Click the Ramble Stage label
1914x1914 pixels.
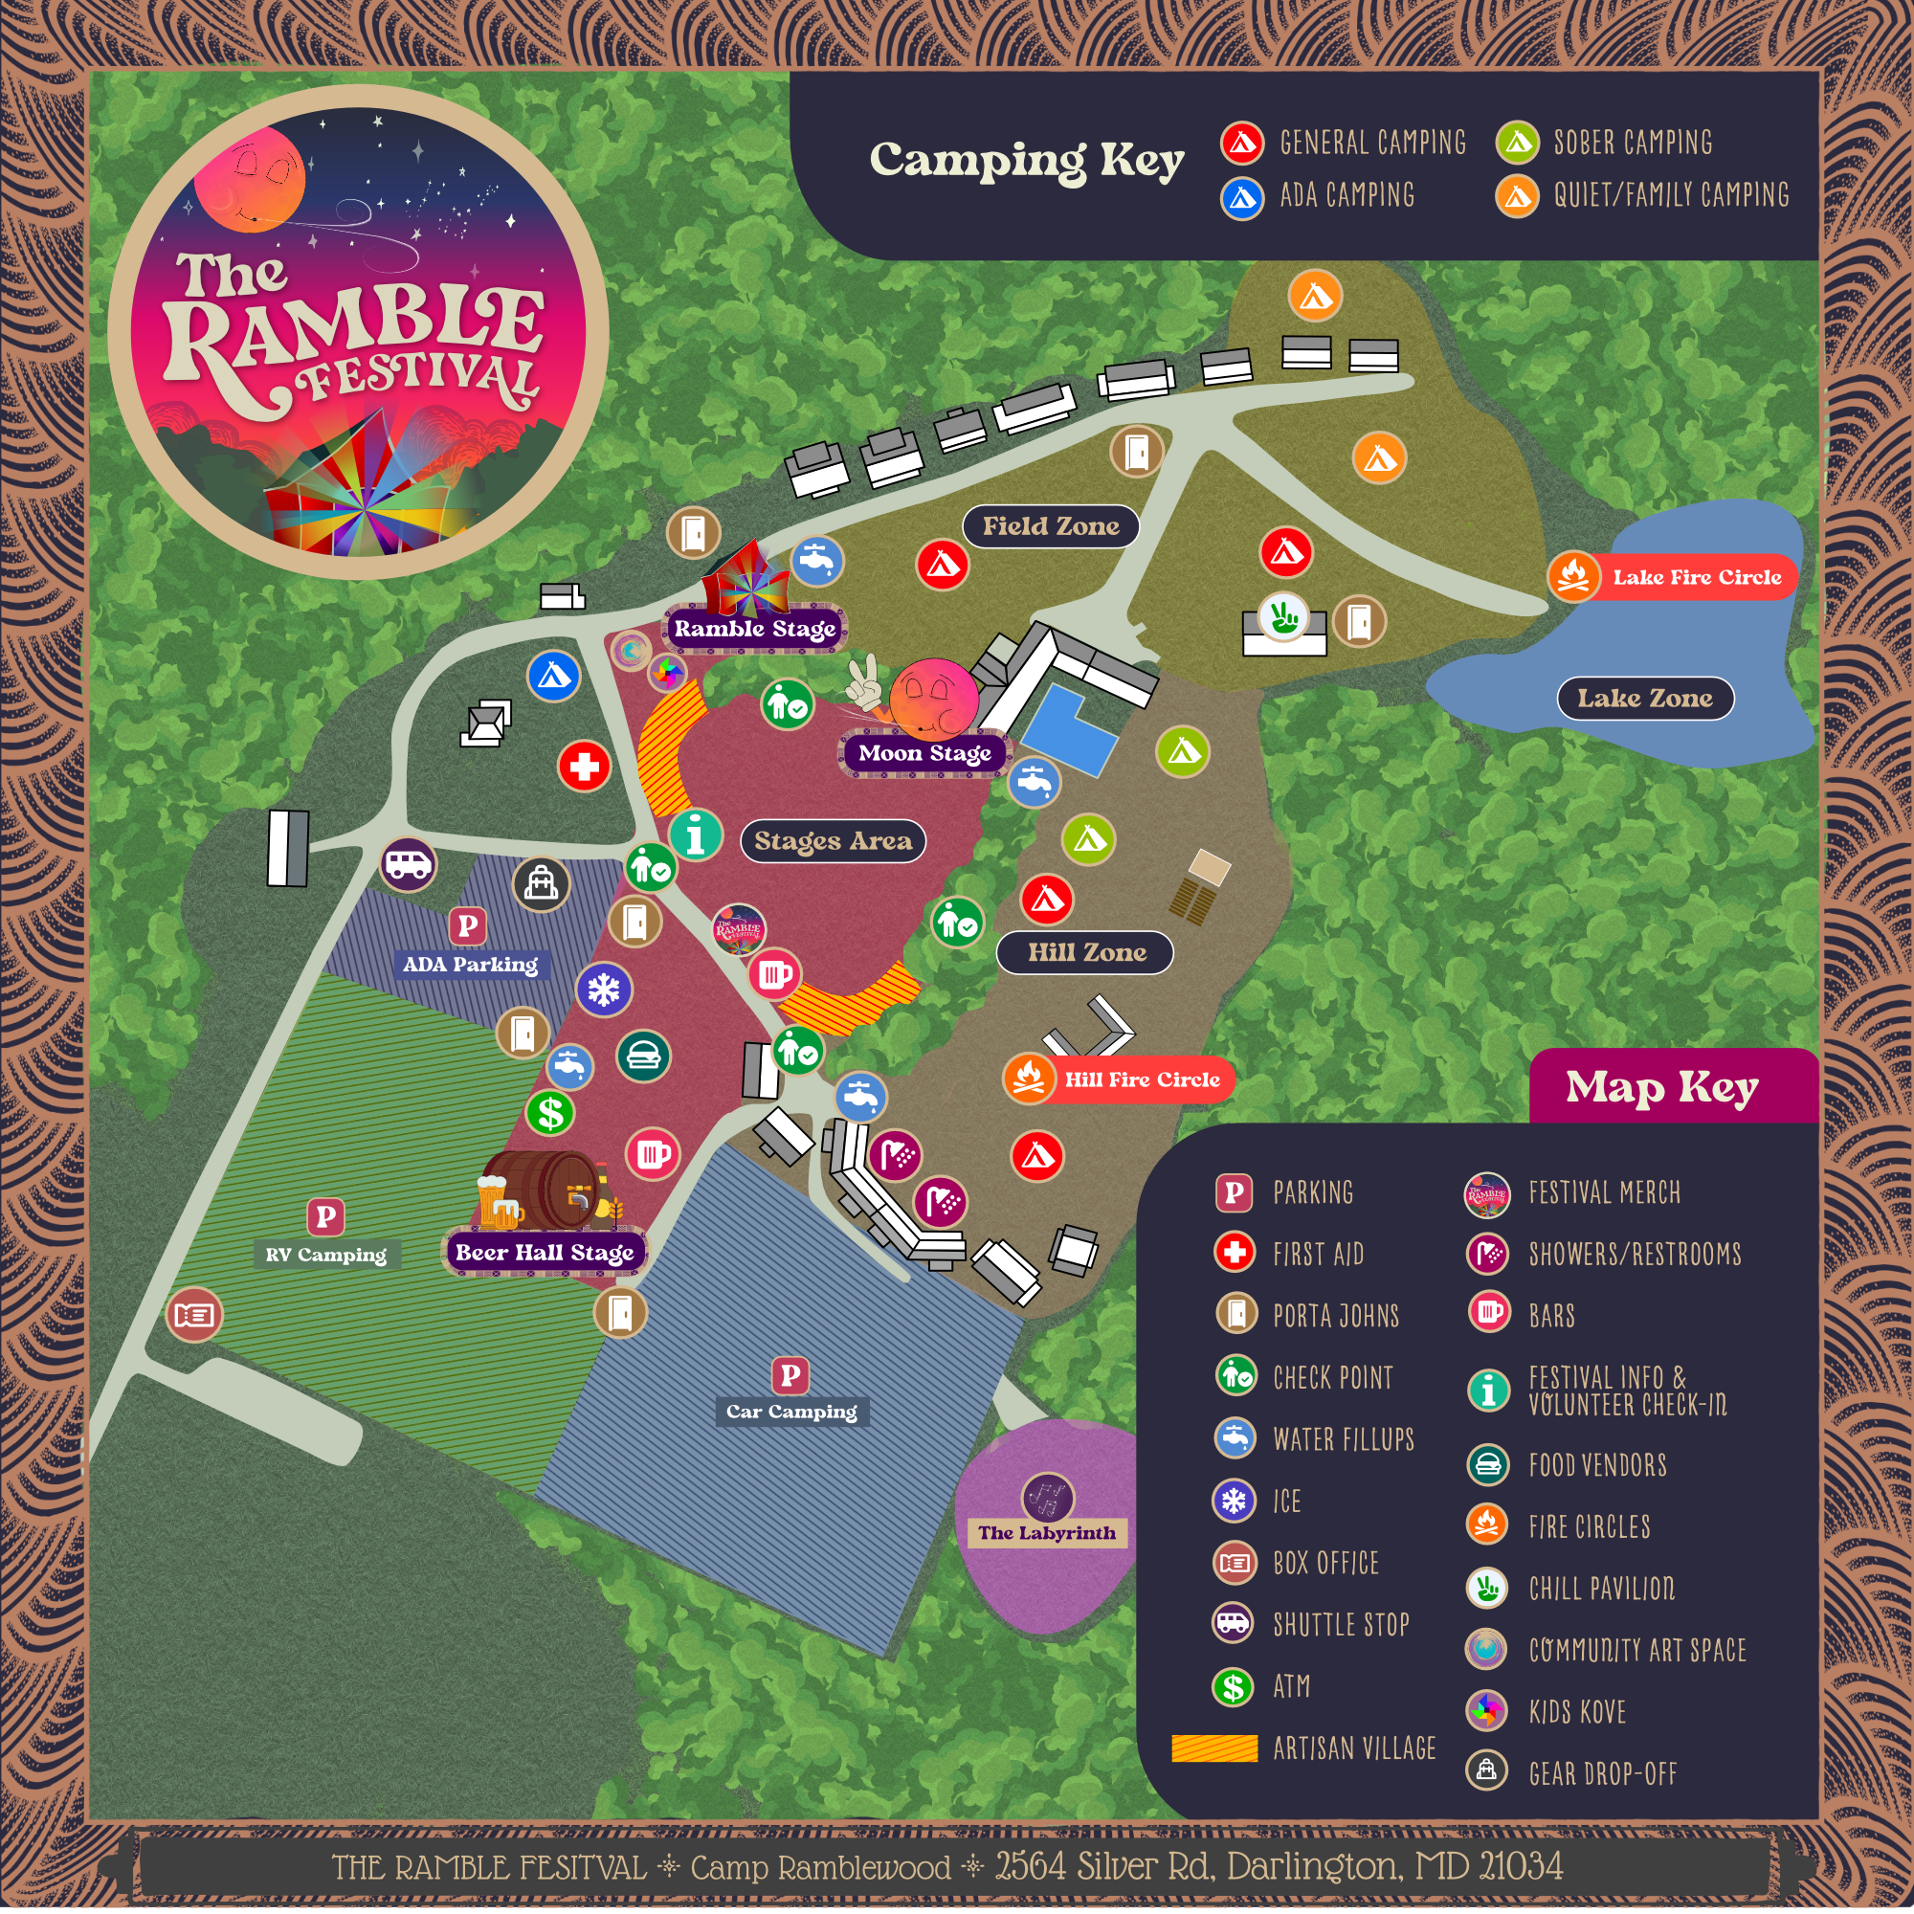[755, 628]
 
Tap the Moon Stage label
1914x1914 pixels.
[924, 753]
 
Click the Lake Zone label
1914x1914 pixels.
[1644, 699]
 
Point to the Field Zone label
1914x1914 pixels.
[1050, 526]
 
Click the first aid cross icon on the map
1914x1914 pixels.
[584, 766]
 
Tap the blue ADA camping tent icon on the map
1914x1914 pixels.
[554, 676]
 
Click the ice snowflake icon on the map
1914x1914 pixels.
[603, 989]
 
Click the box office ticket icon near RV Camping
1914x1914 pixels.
[194, 1315]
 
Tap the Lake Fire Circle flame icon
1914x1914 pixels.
[1573, 575]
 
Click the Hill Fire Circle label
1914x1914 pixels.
[1142, 1079]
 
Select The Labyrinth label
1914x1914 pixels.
[1046, 1532]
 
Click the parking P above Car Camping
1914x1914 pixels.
[790, 1374]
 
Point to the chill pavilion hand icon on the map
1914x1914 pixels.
[1284, 616]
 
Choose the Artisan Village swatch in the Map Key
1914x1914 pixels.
[1213, 1747]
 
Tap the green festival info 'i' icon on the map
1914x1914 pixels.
[696, 835]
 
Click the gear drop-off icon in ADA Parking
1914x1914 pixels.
[541, 881]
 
